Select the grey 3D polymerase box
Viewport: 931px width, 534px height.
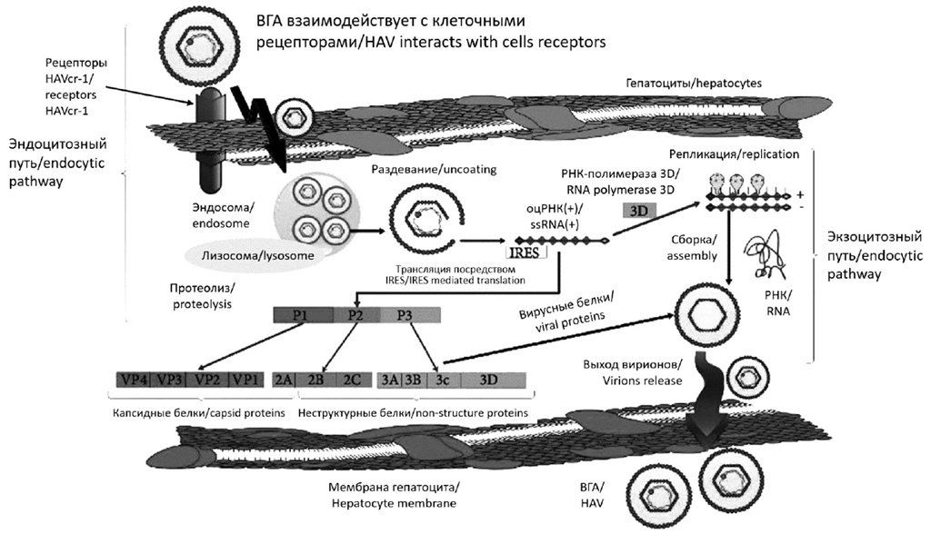636,210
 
